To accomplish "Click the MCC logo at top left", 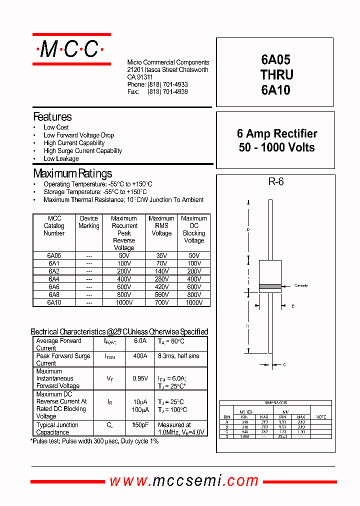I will click(x=71, y=49).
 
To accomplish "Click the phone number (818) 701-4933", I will click(x=167, y=85).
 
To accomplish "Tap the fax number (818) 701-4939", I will click(x=167, y=92).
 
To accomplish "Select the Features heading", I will click(x=52, y=117).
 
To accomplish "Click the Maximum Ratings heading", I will click(x=72, y=173).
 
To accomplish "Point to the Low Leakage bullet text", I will click(x=61, y=158).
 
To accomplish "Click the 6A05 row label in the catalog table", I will click(x=54, y=255).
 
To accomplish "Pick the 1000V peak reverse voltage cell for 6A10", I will click(x=124, y=302).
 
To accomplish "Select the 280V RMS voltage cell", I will click(x=161, y=279).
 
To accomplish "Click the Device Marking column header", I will click(x=89, y=222).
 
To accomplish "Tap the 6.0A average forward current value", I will click(x=140, y=341).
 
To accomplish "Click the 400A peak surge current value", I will click(x=140, y=356).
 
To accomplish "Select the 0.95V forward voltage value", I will click(x=140, y=378).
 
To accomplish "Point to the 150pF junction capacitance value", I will click(x=140, y=425).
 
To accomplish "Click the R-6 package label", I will click(x=275, y=182).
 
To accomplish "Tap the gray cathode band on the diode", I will click(x=270, y=286).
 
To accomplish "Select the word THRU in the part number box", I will click(x=276, y=75).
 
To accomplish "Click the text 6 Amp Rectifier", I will click(x=276, y=133).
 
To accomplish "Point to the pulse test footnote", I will click(x=95, y=441).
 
